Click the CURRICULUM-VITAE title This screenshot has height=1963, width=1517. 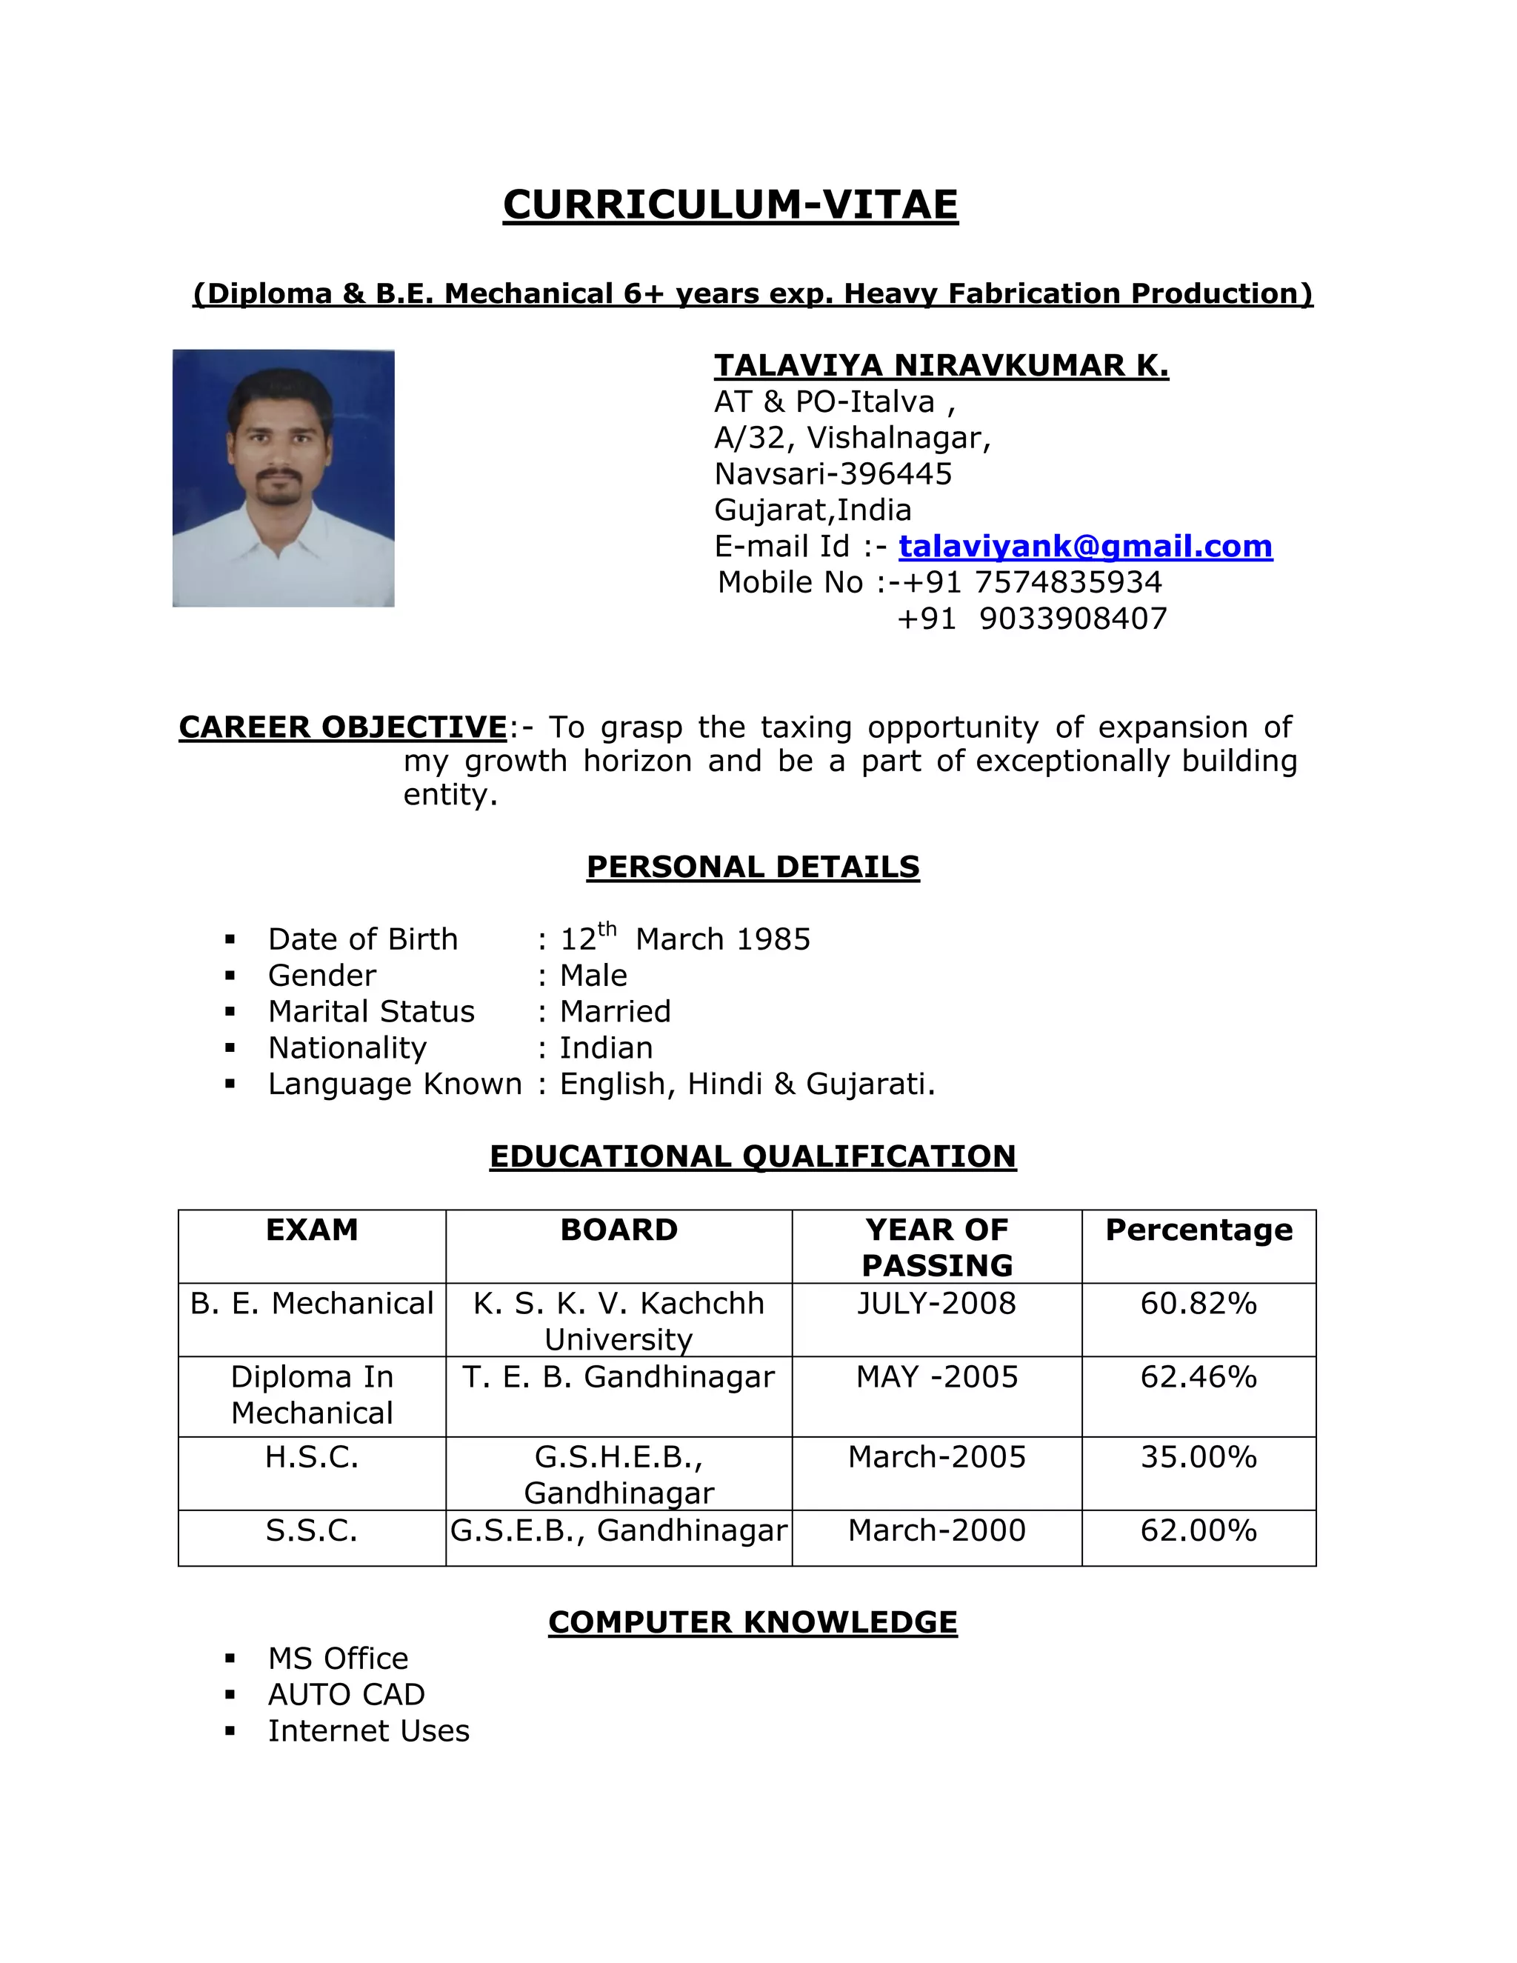(730, 205)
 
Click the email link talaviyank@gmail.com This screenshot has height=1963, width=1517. (1084, 547)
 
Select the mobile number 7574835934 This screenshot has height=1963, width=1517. (1067, 582)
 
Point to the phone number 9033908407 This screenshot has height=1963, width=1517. (1073, 619)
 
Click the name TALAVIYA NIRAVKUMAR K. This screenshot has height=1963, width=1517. (941, 366)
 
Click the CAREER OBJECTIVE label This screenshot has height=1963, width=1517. (343, 727)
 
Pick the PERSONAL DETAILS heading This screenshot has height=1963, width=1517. (753, 867)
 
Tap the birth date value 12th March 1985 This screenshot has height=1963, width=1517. (685, 939)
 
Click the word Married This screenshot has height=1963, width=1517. (615, 1012)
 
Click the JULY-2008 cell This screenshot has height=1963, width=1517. (936, 1303)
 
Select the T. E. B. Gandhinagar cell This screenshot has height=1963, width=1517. (619, 1377)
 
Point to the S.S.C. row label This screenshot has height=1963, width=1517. (312, 1530)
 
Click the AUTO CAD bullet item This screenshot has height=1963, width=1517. (346, 1694)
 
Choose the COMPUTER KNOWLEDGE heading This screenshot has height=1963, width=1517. (753, 1622)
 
